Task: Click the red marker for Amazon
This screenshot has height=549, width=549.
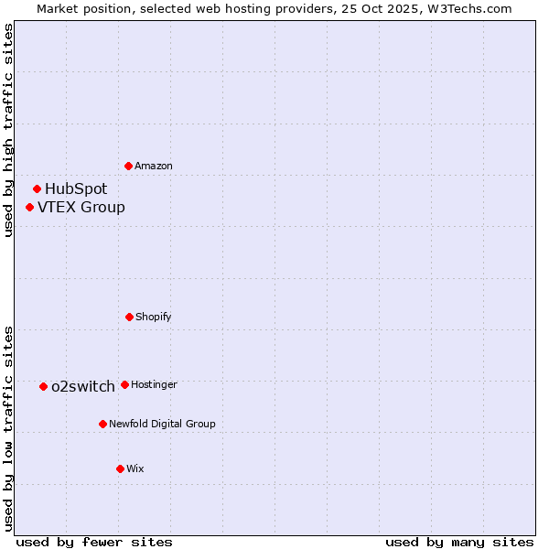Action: coord(128,166)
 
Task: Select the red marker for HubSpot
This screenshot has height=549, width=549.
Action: coord(37,188)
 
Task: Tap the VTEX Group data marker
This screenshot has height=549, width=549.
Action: coord(29,207)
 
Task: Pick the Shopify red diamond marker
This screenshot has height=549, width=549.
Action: coord(129,317)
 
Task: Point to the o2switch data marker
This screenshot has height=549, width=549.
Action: coord(43,386)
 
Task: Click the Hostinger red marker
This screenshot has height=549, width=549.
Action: coord(124,384)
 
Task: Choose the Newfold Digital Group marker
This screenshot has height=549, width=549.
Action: coord(102,424)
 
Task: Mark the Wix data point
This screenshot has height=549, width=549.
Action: coord(120,468)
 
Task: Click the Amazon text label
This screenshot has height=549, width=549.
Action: coord(154,166)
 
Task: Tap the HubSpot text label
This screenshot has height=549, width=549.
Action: coord(76,188)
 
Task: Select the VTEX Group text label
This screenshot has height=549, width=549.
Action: coord(81,207)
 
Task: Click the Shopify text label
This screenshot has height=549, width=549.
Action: coord(154,317)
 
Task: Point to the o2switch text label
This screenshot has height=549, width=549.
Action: coord(83,386)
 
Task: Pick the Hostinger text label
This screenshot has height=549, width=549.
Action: coord(154,384)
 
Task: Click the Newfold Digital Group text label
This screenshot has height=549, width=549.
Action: coord(162,424)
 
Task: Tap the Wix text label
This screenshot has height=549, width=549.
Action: coord(135,468)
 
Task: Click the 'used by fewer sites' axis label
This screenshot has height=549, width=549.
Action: coord(94,542)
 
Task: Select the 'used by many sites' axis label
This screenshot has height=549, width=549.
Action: coord(459,542)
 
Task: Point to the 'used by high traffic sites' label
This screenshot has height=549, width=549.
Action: coord(8,131)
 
